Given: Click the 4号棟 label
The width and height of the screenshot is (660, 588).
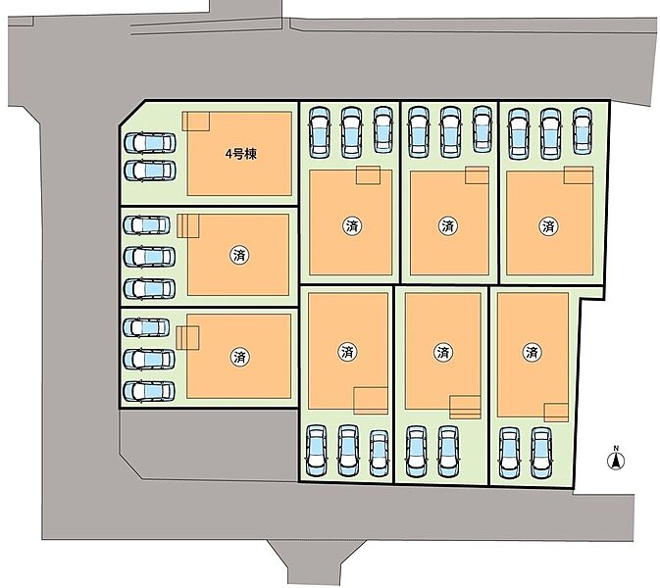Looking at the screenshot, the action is [x=239, y=154].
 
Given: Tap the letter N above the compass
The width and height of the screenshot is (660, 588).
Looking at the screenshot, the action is [x=617, y=449].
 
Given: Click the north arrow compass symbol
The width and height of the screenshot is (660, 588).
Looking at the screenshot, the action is [x=617, y=463].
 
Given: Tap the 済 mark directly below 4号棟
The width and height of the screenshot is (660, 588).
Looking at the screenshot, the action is [x=239, y=255].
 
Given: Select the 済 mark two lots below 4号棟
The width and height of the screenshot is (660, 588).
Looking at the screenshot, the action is [x=239, y=356].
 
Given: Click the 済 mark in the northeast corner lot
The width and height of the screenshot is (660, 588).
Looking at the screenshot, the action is [x=547, y=225].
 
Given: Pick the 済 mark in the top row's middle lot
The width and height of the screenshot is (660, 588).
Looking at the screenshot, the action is [x=448, y=225].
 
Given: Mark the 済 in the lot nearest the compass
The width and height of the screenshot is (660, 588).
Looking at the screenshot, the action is [x=532, y=351].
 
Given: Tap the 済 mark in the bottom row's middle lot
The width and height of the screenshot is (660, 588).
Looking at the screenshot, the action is [x=442, y=351].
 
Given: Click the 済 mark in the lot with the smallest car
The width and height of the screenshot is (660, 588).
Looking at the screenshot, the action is [x=346, y=351].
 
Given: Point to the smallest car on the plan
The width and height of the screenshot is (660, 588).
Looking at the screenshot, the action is [x=379, y=453].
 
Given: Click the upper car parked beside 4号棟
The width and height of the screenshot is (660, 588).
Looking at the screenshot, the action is [x=149, y=143].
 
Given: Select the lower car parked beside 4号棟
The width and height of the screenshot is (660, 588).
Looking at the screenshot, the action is [x=149, y=170].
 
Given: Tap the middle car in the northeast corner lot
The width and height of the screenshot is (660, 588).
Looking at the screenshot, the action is [x=547, y=131].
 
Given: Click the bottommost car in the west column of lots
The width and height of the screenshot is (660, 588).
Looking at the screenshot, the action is [x=149, y=390].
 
